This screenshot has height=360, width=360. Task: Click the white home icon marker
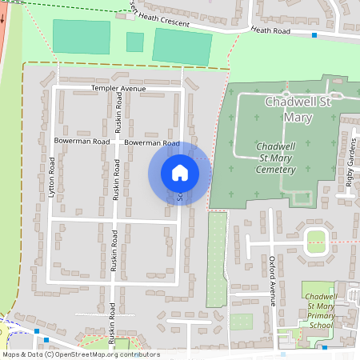pos(180,172)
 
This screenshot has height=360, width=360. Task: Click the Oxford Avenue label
pos(272,281)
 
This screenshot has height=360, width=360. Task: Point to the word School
pos(320,326)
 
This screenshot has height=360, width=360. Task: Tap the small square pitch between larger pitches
pos(134,42)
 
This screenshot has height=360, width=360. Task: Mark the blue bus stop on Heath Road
pos(314,35)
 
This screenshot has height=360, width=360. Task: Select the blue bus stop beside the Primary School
pos(324,347)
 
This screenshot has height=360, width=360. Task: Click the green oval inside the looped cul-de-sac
pos(316,237)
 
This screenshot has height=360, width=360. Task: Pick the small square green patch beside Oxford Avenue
pos(241,321)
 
